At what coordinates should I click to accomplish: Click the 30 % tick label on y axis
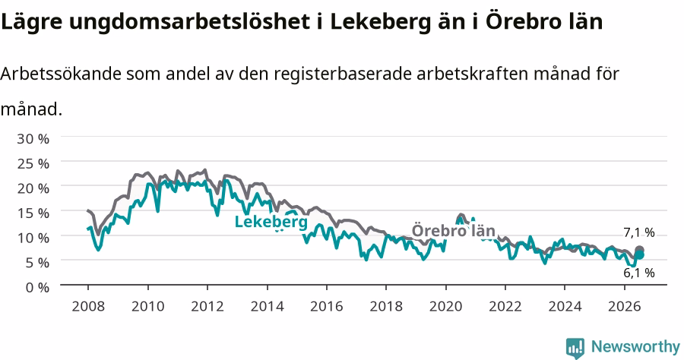[33, 138]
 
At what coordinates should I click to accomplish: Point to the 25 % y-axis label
[33, 163]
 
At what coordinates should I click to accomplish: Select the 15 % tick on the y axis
[33, 213]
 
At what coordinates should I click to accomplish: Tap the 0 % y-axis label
[37, 287]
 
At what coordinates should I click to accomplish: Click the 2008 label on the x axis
[88, 306]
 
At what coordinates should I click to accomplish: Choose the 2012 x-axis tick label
[207, 306]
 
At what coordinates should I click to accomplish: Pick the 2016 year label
[326, 306]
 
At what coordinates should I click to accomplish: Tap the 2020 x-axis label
[445, 306]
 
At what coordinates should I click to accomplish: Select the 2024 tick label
[565, 306]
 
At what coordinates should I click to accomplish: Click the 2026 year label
[624, 306]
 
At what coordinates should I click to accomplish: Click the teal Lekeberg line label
[271, 222]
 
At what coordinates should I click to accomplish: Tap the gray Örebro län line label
[454, 231]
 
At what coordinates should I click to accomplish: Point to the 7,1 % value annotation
[639, 232]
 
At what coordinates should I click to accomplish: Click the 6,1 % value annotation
[639, 273]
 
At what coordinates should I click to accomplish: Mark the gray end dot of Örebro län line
[639, 250]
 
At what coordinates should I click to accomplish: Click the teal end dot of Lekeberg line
[639, 255]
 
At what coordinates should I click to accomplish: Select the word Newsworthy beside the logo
[635, 347]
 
